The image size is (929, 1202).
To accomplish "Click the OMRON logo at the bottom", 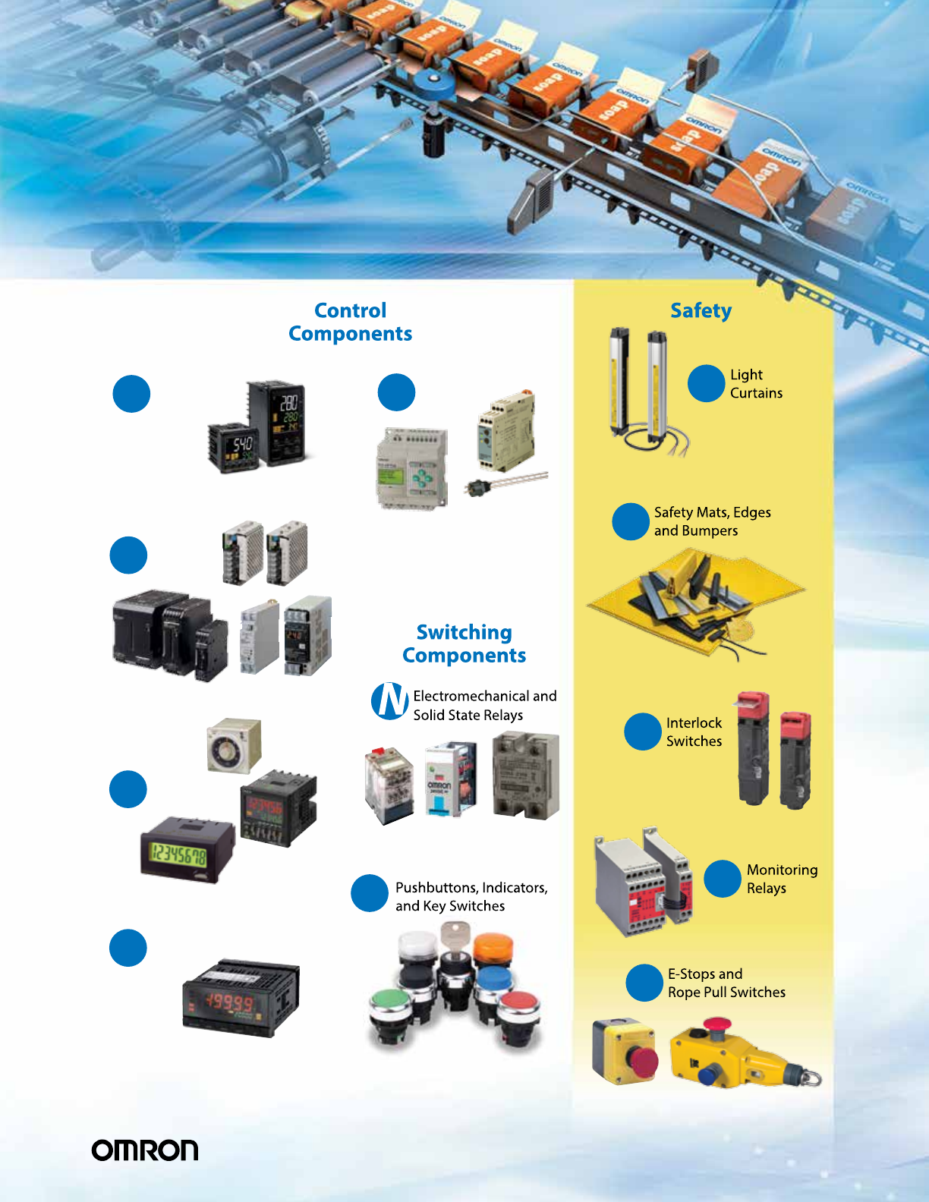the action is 144,1150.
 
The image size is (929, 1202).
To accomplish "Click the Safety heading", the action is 701,310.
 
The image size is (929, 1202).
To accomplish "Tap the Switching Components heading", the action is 464,643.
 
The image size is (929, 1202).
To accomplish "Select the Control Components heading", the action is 351,322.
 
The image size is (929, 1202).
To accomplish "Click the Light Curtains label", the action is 755,384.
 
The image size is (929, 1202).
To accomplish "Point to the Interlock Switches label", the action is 694,732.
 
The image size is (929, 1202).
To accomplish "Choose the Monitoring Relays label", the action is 782,879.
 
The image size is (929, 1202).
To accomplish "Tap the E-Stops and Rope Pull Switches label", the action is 726,983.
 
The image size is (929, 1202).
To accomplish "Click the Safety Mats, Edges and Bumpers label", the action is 712,521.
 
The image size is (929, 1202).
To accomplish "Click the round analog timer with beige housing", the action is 234,746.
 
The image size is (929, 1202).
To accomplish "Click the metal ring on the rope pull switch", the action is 811,1077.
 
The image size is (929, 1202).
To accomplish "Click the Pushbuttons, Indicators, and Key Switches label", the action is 471,896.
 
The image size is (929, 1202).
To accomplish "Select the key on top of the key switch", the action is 455,933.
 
